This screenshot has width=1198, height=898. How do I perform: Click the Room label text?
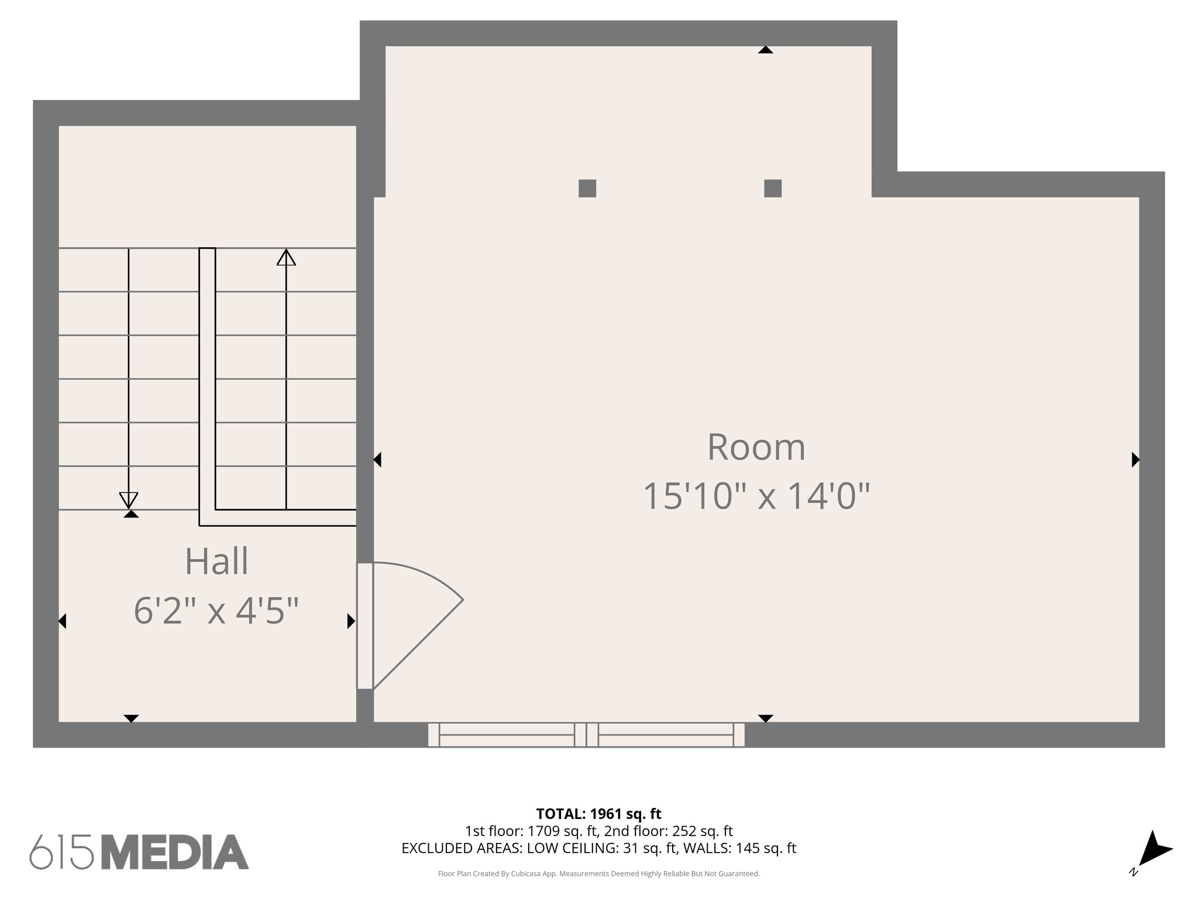[756, 448]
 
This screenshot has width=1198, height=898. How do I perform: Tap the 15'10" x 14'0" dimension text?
[756, 496]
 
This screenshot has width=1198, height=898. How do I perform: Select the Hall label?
[216, 562]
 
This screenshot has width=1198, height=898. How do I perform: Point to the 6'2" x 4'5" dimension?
[216, 612]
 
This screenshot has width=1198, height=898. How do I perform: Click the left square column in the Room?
[587, 188]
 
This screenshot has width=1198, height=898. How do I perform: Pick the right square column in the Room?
[773, 188]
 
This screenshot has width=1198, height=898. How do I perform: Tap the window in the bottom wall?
[586, 735]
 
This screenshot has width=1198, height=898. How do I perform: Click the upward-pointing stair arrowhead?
[286, 257]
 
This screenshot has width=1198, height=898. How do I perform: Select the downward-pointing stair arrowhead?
[129, 500]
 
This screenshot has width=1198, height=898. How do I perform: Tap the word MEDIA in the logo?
[175, 852]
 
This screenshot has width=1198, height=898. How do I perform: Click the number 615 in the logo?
[62, 852]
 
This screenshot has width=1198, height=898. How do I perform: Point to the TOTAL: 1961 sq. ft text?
[598, 814]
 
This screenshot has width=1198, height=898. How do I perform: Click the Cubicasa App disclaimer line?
[598, 874]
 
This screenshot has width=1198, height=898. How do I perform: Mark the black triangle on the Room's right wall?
[1135, 460]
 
